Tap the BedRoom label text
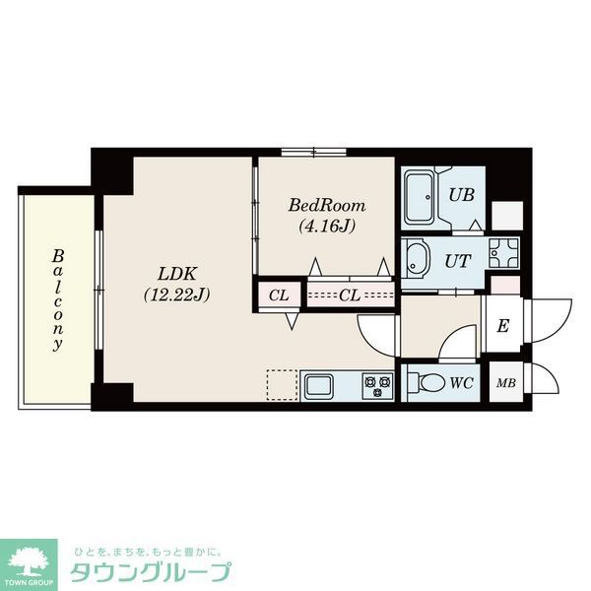(x=327, y=206)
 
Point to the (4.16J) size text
(x=327, y=225)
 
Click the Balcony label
(x=58, y=299)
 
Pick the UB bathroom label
(x=462, y=194)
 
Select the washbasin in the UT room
(x=416, y=260)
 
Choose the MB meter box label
(x=506, y=383)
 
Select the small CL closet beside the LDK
(x=279, y=295)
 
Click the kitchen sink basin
(x=319, y=384)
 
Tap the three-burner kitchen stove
(x=375, y=384)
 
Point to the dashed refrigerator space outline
(x=282, y=384)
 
